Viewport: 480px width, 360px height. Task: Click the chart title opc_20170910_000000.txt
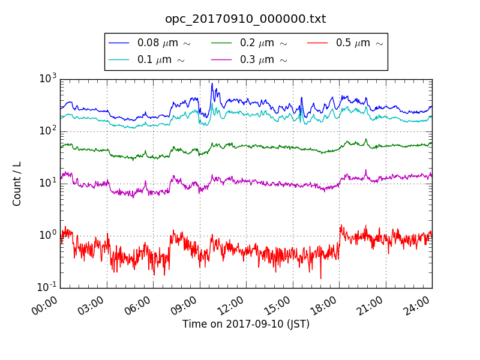click(245, 19)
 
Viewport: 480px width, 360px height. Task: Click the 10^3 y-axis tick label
click(47, 79)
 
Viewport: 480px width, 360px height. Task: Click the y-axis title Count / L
click(17, 184)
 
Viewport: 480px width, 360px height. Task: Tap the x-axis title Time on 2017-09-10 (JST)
click(246, 324)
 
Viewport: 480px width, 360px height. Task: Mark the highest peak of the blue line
click(212, 83)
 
